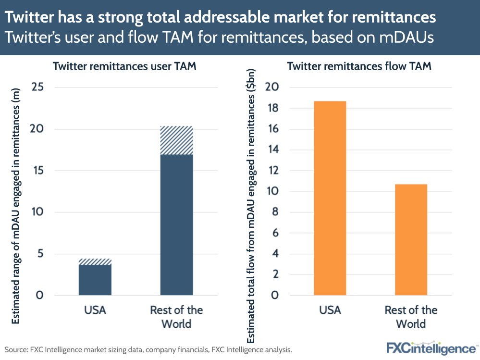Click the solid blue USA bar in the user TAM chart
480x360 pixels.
tap(95, 280)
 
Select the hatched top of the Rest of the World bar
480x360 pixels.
tap(176, 140)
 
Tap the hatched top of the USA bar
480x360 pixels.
tap(95, 261)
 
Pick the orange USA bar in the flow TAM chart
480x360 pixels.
tap(330, 198)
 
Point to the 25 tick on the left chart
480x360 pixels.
tap(37, 87)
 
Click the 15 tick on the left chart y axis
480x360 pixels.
tap(37, 171)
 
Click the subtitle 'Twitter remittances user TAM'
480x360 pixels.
tap(124, 67)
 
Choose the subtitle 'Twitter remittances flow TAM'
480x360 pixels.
tap(359, 67)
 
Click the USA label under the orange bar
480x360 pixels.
tap(330, 310)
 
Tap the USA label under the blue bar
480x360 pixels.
tap(95, 310)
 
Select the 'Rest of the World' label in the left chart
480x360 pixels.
tap(176, 317)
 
